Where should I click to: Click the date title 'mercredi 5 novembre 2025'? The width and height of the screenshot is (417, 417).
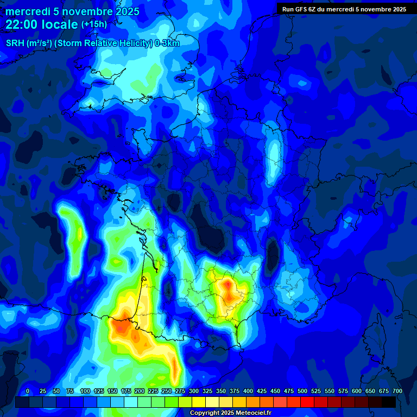(72, 11)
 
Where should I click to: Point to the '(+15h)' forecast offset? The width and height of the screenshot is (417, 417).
(94, 24)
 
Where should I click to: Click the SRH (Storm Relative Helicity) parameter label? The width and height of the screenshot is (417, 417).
(92, 43)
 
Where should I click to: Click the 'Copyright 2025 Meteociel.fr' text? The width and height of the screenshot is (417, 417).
(230, 413)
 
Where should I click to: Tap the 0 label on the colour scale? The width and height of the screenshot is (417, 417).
(28, 391)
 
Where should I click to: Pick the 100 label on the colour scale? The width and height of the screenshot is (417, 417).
(85, 391)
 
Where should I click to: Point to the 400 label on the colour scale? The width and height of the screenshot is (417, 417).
(248, 391)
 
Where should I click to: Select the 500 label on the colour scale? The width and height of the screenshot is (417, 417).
(302, 391)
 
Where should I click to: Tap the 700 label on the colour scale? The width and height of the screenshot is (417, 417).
(397, 391)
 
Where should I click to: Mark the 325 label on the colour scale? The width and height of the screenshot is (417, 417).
(207, 391)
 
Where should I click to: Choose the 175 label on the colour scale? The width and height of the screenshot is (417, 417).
(126, 391)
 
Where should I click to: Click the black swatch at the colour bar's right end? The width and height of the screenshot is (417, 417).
(389, 402)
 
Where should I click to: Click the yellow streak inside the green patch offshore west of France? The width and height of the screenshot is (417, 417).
(80, 235)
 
